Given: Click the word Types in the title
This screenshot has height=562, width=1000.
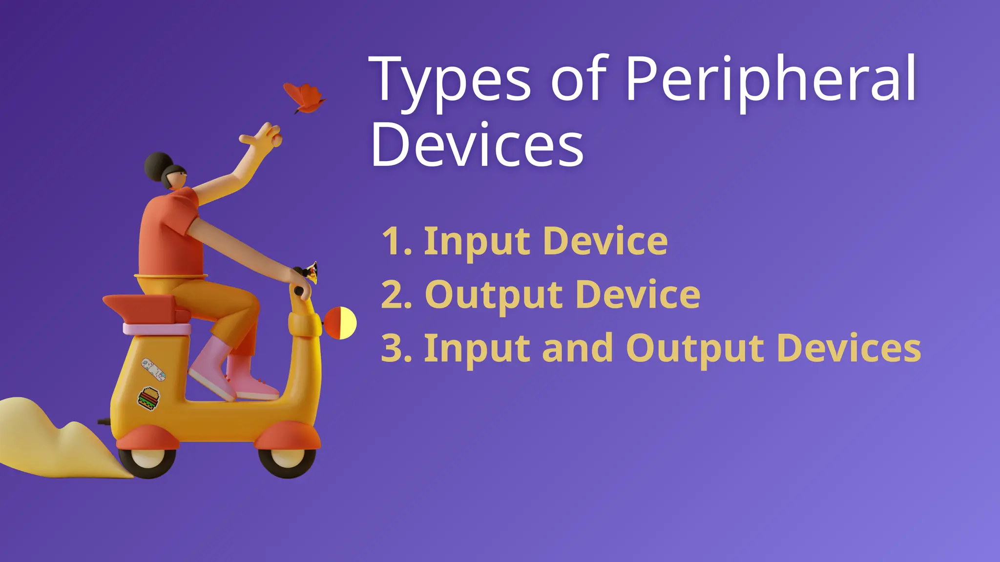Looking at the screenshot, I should pyautogui.click(x=450, y=80).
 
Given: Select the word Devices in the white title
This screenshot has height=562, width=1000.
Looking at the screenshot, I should pyautogui.click(x=477, y=145).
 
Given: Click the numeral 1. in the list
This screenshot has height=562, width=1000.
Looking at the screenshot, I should pyautogui.click(x=396, y=241).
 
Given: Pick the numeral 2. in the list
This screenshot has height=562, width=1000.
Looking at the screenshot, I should pyautogui.click(x=396, y=295).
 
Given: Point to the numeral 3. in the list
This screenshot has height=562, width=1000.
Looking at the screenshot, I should pyautogui.click(x=396, y=348).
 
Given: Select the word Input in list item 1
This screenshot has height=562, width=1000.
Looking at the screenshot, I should pyautogui.click(x=477, y=242).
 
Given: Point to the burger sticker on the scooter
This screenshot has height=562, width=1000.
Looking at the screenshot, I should pyautogui.click(x=148, y=398).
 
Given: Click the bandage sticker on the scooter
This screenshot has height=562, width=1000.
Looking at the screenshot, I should pyautogui.click(x=153, y=369).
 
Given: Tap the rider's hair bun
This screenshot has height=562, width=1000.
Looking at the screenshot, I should pyautogui.click(x=156, y=166).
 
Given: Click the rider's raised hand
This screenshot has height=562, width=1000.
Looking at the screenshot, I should pyautogui.click(x=264, y=136).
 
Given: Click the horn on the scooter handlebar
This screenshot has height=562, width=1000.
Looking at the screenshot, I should pyautogui.click(x=311, y=272).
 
